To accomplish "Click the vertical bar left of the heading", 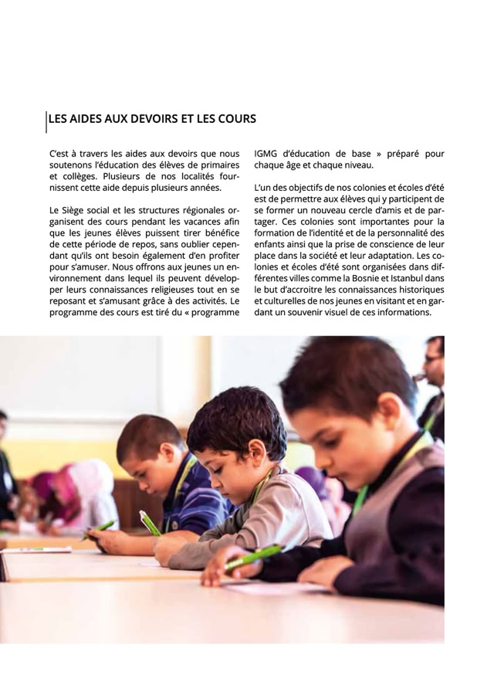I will (46, 120).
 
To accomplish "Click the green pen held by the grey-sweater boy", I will (150, 523).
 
